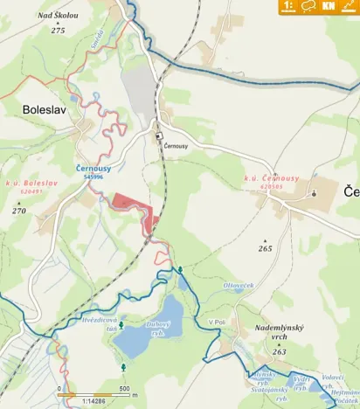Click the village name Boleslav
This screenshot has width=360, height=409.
click(39, 110)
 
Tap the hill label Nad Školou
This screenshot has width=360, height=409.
click(58, 16)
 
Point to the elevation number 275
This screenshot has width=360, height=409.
click(58, 30)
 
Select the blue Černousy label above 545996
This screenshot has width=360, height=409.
click(92, 167)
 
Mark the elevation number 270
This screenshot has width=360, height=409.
click(19, 211)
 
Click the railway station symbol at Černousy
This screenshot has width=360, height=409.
click(159, 136)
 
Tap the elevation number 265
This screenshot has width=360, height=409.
click(265, 248)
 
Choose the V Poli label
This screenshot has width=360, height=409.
click(217, 322)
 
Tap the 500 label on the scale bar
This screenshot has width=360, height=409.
click(124, 389)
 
